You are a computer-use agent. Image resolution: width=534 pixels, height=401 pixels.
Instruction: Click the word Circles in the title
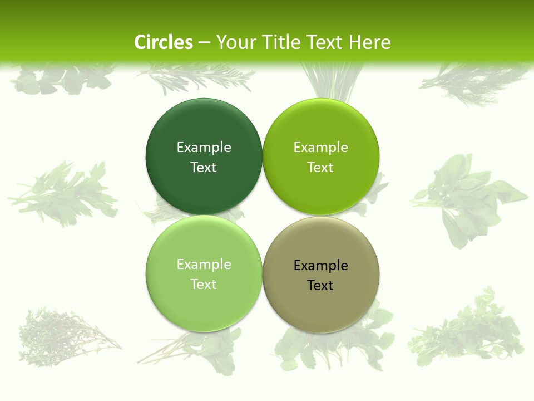pos(163,42)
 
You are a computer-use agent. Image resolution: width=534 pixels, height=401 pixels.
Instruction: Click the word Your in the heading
pos(234,42)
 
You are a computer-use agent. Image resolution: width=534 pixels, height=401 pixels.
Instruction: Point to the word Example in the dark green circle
pos(204,147)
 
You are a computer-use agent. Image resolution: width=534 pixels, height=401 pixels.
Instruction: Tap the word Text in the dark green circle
pos(204,168)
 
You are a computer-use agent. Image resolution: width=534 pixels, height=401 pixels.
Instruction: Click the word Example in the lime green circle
pos(321,147)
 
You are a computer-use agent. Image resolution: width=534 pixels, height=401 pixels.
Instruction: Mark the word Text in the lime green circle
pos(321,168)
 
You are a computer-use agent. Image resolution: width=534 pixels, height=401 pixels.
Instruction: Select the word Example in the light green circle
pos(204,264)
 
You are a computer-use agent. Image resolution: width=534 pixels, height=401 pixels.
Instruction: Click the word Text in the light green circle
pos(204,285)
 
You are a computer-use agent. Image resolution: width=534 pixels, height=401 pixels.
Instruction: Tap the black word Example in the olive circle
pos(321,265)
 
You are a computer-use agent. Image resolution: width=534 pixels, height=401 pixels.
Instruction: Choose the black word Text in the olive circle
pos(321,286)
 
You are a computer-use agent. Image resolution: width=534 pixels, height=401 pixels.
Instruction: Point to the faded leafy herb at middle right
pos(467,198)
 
